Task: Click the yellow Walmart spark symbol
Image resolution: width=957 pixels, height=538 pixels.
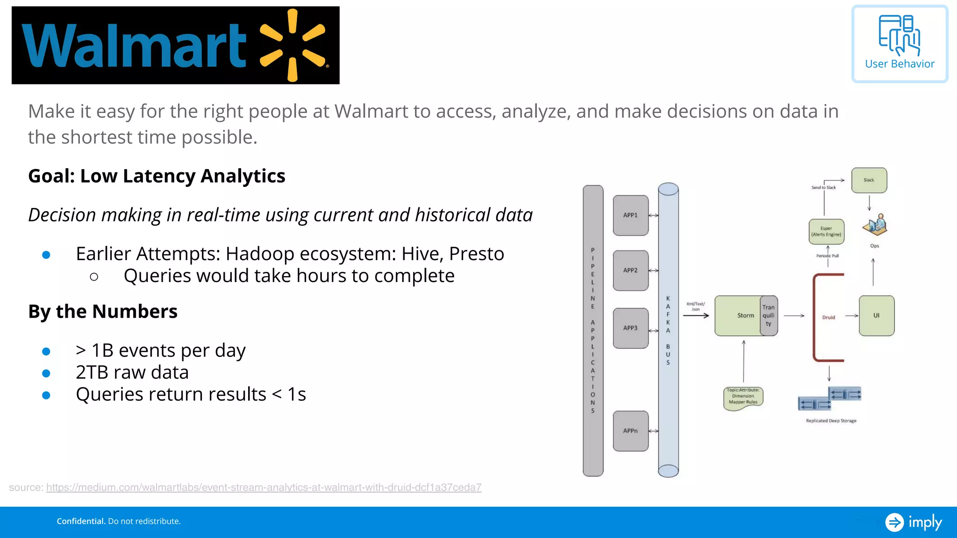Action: pyautogui.click(x=293, y=45)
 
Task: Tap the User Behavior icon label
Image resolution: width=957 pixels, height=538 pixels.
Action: pyautogui.click(x=900, y=64)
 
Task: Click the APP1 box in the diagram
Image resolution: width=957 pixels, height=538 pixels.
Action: pyautogui.click(x=630, y=215)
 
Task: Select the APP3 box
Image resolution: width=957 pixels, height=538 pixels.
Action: pyautogui.click(x=630, y=328)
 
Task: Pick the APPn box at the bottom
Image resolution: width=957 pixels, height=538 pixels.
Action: pyautogui.click(x=630, y=431)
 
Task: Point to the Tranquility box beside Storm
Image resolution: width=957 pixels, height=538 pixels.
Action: pyautogui.click(x=769, y=316)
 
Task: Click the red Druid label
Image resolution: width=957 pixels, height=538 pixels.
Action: pyautogui.click(x=828, y=318)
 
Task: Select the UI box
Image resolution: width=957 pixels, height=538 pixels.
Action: pyautogui.click(x=877, y=316)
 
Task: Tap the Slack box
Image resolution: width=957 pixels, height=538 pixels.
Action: pyautogui.click(x=869, y=180)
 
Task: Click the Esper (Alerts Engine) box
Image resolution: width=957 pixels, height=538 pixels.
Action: pyautogui.click(x=826, y=232)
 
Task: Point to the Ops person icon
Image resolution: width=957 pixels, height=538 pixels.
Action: pyautogui.click(x=875, y=225)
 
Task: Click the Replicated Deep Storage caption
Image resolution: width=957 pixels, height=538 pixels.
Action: pyautogui.click(x=831, y=421)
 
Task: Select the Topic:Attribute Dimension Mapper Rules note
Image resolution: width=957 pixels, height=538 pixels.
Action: pyautogui.click(x=743, y=396)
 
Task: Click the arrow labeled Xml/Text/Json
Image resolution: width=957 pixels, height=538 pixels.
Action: pyautogui.click(x=696, y=316)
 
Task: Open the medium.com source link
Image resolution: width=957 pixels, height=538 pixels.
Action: pyautogui.click(x=264, y=488)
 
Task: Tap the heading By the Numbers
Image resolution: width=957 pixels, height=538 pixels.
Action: pyautogui.click(x=103, y=311)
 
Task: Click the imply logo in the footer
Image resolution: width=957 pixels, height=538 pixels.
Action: pyautogui.click(x=914, y=522)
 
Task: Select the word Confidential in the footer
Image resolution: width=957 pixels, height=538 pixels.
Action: pyautogui.click(x=81, y=521)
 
